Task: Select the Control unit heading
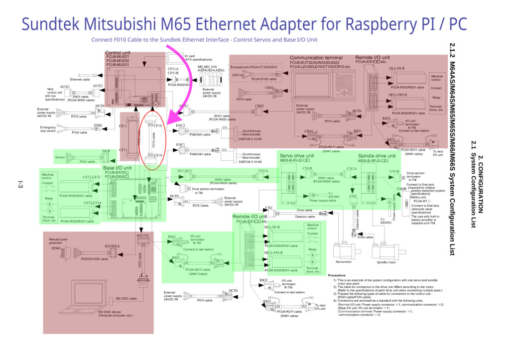point(118,53)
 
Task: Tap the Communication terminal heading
point(316,58)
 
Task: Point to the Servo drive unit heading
point(296,156)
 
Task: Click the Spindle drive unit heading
point(377,156)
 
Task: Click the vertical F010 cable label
point(153,140)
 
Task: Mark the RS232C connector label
point(143,235)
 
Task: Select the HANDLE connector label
point(112,246)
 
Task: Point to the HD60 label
point(56,248)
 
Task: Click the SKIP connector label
point(106,151)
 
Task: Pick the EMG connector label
point(98,125)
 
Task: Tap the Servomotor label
point(344,262)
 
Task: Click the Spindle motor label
point(386,262)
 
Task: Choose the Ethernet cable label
point(80,79)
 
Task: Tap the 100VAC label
point(238,75)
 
